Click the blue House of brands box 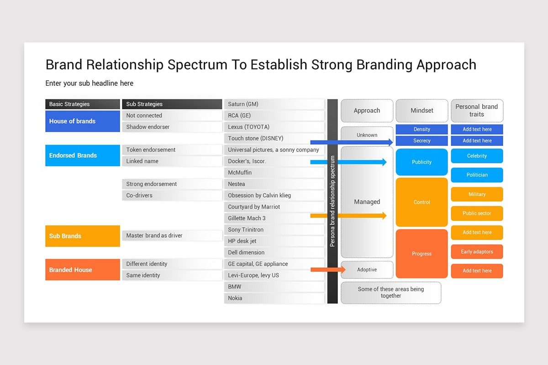pyautogui.click(x=83, y=121)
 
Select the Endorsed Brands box pyautogui.click(x=83, y=156)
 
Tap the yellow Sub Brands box pyautogui.click(x=83, y=236)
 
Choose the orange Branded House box pyautogui.click(x=83, y=270)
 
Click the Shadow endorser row pyautogui.click(x=172, y=127)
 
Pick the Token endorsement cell pyautogui.click(x=172, y=150)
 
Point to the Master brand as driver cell pyautogui.click(x=172, y=235)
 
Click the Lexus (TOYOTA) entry pyautogui.click(x=274, y=127)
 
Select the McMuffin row pyautogui.click(x=274, y=172)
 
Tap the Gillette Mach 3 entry pyautogui.click(x=274, y=218)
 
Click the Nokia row pyautogui.click(x=274, y=298)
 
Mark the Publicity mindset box pyautogui.click(x=422, y=162)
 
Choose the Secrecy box pyautogui.click(x=422, y=141)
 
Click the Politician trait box pyautogui.click(x=477, y=175)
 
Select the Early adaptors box pyautogui.click(x=477, y=251)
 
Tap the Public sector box pyautogui.click(x=477, y=214)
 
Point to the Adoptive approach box pyautogui.click(x=367, y=270)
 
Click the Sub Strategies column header pyautogui.click(x=172, y=104)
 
